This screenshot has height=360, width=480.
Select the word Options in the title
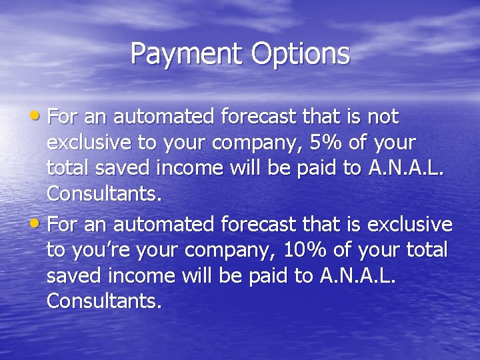click(300, 53)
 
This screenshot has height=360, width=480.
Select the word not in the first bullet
click(382, 117)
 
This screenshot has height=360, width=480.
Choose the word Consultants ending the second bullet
click(103, 301)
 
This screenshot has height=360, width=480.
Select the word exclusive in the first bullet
click(91, 143)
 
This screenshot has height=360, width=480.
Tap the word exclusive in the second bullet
click(409, 224)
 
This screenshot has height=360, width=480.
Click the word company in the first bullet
click(248, 143)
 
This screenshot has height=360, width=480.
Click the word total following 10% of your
click(426, 249)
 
